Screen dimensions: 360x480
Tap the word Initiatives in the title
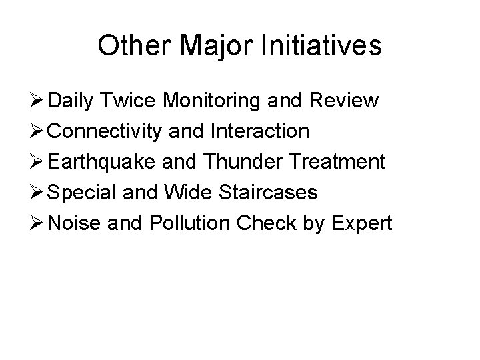click(321, 46)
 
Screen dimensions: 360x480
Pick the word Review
click(346, 101)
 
